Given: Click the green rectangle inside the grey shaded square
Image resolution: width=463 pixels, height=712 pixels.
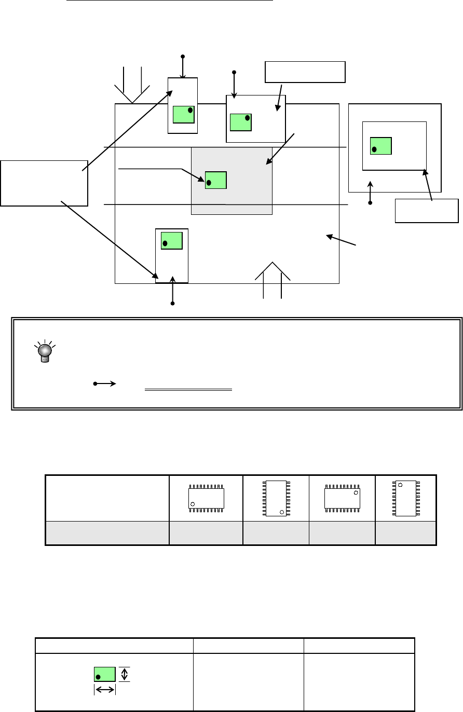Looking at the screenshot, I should [216, 180].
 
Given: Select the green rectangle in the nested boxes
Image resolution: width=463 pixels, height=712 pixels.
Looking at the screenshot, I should [381, 146].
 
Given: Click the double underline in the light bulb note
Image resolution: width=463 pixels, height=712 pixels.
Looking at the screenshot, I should [187, 389].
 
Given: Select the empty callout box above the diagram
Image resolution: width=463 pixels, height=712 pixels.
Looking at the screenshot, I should [305, 72].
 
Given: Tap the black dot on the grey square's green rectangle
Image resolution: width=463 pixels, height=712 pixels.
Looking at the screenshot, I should [209, 183].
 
